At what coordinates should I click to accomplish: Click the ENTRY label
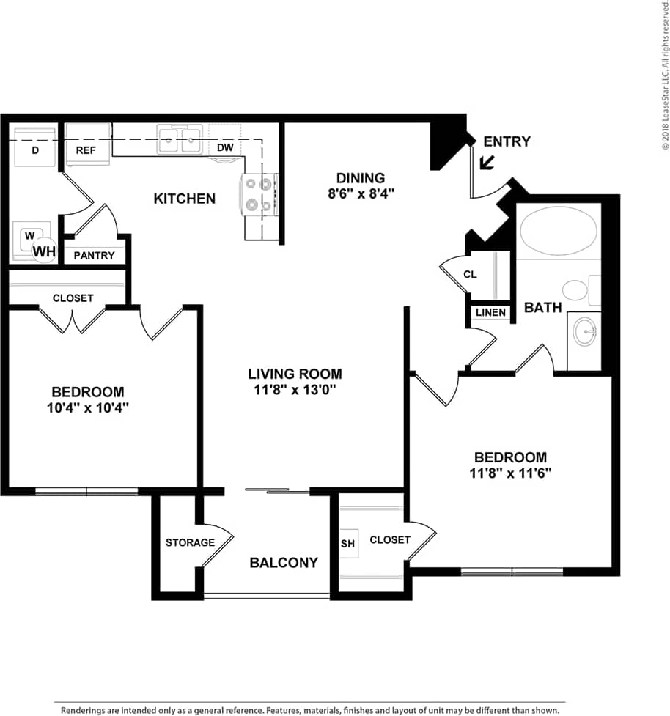point(507,141)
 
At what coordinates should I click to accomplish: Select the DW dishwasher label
point(225,148)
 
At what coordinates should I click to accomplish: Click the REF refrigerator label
point(86,150)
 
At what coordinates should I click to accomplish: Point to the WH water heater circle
point(44,251)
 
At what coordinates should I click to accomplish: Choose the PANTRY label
point(94,255)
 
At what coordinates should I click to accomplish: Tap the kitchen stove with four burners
point(259,195)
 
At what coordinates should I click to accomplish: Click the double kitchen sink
point(180,139)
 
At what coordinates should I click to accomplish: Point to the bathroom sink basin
point(586,332)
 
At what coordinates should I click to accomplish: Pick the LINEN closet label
point(490,313)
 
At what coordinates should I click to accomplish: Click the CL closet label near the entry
point(470,275)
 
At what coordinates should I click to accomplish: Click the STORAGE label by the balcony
point(190,542)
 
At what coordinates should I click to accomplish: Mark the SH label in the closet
point(347,544)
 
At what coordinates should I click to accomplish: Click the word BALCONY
point(284,563)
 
